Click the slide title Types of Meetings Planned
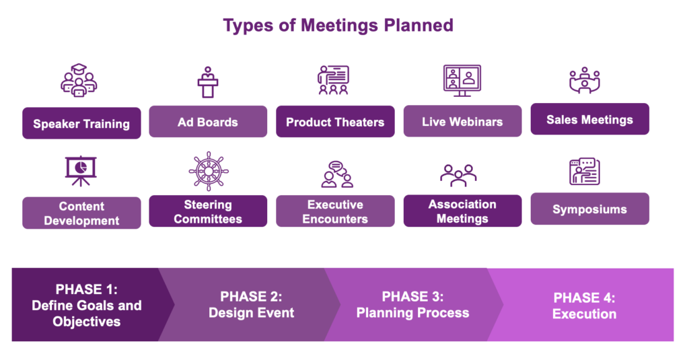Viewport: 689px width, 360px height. tap(338, 26)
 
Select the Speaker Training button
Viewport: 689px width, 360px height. tap(81, 123)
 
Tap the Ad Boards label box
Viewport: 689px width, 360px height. tap(208, 121)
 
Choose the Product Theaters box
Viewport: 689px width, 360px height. tap(335, 121)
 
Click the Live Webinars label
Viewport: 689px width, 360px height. tap(463, 121)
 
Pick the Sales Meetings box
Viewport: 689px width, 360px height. tap(589, 119)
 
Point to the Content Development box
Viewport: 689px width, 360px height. tap(81, 213)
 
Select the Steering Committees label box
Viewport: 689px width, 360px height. tap(208, 211)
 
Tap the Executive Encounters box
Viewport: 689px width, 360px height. tap(335, 211)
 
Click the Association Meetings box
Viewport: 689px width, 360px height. tap(463, 211)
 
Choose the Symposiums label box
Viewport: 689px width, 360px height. tap(589, 209)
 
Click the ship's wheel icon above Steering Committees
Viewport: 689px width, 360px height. tap(209, 171)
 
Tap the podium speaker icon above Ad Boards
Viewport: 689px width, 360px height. tap(208, 82)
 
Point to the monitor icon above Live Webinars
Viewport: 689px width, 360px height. tap(462, 81)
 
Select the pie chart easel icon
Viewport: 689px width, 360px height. tap(81, 171)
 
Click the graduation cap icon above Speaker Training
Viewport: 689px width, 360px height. tap(79, 80)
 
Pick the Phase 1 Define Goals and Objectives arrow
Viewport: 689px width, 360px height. tap(88, 305)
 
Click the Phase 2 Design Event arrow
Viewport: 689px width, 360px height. tap(250, 305)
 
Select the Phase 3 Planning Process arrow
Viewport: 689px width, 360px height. tap(413, 305)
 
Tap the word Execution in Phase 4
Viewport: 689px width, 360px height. tap(585, 314)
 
